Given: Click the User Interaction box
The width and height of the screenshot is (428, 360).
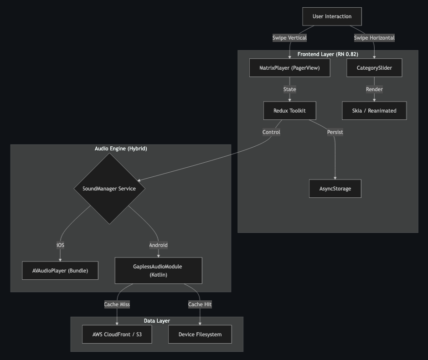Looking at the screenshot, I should (332, 16).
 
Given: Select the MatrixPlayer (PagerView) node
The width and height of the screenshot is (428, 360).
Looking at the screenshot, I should (289, 68).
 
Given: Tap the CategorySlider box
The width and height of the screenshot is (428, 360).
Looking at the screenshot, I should (374, 68).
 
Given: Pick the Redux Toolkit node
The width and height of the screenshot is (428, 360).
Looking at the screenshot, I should (289, 111).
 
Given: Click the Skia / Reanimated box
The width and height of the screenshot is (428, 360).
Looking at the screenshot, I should (374, 111).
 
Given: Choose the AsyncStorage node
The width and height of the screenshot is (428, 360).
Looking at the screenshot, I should (335, 189).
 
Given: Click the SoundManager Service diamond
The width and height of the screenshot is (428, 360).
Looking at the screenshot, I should (109, 189).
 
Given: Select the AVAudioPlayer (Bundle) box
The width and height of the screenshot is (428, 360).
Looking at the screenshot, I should (60, 271).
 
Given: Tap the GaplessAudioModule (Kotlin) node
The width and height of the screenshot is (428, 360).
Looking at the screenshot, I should (158, 271).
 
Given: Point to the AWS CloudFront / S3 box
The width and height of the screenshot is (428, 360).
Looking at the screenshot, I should (117, 334).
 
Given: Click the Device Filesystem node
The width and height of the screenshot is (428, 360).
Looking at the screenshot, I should (200, 334).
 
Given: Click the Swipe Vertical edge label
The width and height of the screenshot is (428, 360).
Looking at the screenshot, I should (289, 38).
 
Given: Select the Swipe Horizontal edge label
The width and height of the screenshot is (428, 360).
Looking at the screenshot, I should (374, 38).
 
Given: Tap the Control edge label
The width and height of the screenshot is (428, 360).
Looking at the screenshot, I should (271, 132).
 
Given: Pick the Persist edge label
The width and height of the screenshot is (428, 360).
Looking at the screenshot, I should (335, 132).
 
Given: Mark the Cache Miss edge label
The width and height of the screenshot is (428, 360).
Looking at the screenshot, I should (117, 304).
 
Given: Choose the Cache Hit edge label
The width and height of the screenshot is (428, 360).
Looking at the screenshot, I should (200, 304).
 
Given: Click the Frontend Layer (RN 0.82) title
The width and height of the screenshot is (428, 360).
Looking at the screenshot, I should (328, 54).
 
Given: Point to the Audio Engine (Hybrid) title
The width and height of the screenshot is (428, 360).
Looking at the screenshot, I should (121, 149).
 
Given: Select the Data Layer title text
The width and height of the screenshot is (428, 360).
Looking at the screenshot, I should (157, 321).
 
